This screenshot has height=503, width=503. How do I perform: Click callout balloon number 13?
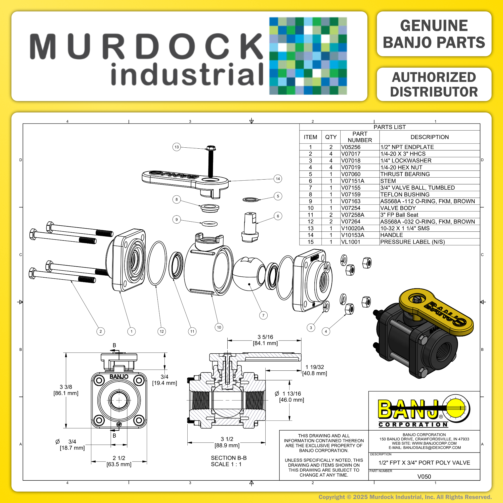[177, 147]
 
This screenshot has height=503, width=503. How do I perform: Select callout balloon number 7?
[263, 315]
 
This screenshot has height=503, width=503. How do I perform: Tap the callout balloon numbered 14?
[278, 179]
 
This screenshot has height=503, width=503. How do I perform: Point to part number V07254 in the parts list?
[351, 208]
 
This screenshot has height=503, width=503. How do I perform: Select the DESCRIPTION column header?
[429, 137]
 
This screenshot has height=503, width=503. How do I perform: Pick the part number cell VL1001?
[350, 242]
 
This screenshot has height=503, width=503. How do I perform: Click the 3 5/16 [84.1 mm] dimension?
[265, 340]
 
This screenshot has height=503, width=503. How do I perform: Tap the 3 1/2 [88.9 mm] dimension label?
[227, 442]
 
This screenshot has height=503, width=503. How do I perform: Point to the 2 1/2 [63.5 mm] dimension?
[119, 461]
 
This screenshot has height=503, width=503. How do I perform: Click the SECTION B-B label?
[229, 458]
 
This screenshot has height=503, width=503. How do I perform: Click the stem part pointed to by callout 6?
[250, 227]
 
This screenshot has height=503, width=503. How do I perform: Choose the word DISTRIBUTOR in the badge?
[434, 92]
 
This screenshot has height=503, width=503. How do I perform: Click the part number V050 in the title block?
[424, 476]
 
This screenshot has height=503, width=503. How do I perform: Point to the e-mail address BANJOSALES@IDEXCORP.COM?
[424, 448]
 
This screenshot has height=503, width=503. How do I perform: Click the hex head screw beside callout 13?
[210, 161]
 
